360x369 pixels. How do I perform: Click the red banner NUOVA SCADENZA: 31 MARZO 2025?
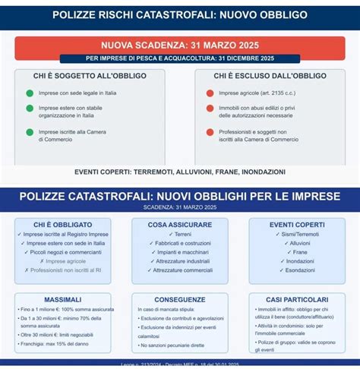[180, 45]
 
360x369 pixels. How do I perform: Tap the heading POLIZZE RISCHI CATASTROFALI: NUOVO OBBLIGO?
[180, 14]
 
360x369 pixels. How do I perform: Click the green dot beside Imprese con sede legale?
[30, 93]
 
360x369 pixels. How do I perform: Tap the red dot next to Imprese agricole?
[210, 93]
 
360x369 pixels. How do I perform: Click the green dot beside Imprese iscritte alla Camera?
[30, 132]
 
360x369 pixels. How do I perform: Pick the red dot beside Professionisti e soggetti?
[210, 132]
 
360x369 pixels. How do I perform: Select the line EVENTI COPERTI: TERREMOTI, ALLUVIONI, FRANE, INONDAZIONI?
[180, 172]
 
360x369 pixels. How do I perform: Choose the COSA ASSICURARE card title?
[180, 225]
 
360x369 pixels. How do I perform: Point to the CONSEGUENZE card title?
[180, 299]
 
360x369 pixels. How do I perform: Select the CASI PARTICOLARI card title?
[297, 299]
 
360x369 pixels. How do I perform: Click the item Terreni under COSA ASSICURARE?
[181, 235]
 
